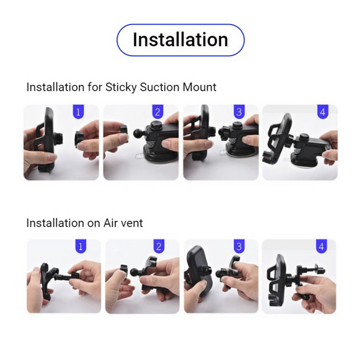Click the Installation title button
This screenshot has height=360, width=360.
tap(180, 40)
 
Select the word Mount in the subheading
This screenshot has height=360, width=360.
tap(200, 87)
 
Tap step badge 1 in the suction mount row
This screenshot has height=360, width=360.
tap(78, 112)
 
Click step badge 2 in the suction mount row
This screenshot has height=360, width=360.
tap(157, 112)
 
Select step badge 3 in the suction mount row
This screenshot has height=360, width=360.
tap(238, 112)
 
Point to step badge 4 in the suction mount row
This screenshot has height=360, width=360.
tap(322, 112)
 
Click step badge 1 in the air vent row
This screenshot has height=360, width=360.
tap(79, 247)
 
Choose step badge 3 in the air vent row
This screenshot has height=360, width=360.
tap(237, 247)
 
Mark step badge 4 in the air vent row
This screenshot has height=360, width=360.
tap(321, 247)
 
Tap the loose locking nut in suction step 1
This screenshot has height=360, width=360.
tap(79, 139)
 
